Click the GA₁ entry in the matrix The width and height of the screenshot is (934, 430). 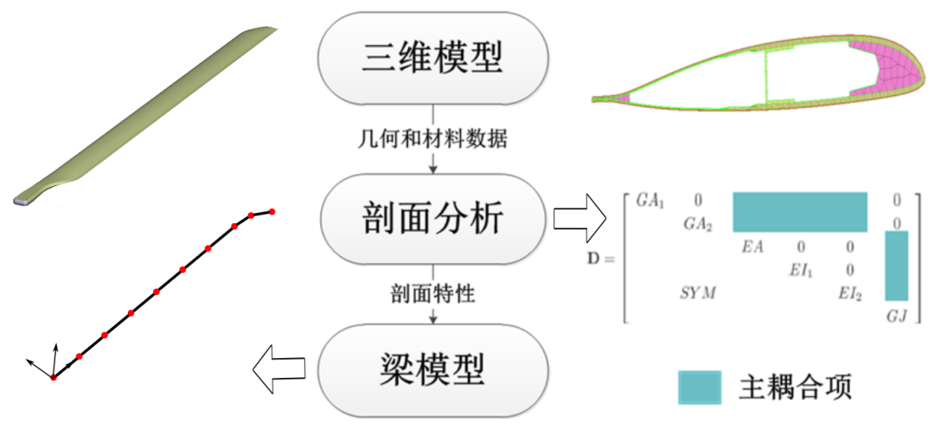[650, 200]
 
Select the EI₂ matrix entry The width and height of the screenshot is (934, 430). [849, 294]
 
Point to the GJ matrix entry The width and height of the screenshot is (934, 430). [897, 317]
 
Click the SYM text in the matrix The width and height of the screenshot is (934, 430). [699, 294]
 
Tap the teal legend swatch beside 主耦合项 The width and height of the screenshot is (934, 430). [700, 388]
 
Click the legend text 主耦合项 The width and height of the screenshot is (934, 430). [796, 388]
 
